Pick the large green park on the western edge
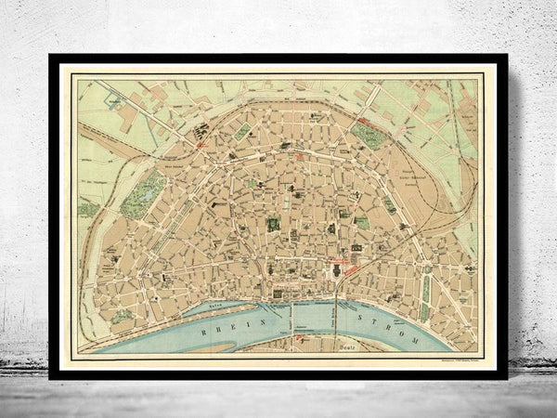click(140, 195)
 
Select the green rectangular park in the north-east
click(369, 136)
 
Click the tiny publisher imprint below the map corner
click(455, 358)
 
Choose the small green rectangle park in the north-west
click(242, 132)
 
